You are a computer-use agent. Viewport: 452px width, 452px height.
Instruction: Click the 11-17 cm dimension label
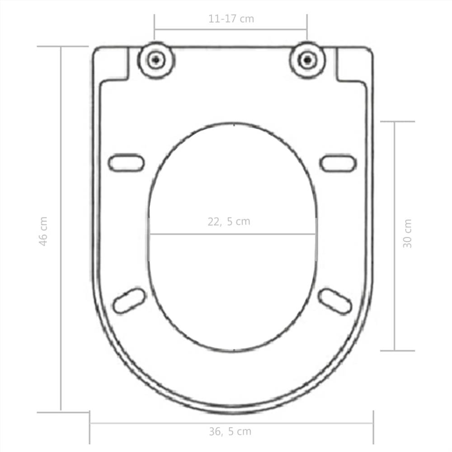[231, 19]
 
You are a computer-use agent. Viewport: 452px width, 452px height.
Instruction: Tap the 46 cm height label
[43, 231]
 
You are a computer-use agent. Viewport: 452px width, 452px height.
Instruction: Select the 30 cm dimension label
[407, 233]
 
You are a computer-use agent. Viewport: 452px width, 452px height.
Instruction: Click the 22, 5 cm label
[229, 221]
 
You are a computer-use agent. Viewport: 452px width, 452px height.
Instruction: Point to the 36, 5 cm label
[230, 431]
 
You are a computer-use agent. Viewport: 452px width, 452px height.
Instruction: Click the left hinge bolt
[155, 59]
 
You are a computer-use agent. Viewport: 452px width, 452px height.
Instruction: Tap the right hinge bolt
[307, 59]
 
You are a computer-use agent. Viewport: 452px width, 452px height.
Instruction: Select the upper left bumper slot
[126, 163]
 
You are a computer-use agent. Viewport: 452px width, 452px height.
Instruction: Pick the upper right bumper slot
[338, 163]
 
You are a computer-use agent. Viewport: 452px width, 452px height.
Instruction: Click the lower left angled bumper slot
[129, 301]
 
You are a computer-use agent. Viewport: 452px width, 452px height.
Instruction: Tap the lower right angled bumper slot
[335, 301]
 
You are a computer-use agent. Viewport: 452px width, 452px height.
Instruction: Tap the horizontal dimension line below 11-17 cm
[231, 30]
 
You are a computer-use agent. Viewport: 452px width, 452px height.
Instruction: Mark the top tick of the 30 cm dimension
[397, 122]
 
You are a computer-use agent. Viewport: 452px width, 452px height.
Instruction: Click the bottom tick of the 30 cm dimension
[397, 350]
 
